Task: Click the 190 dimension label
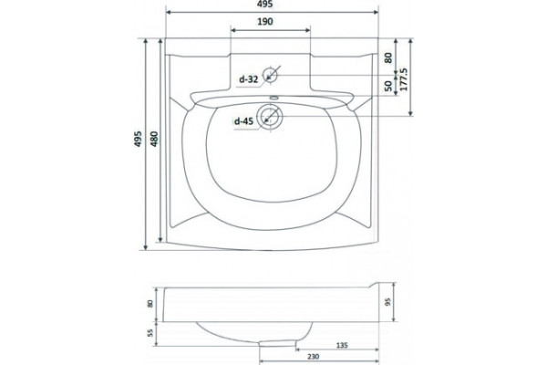point(264,22)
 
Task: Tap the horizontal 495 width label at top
point(266,4)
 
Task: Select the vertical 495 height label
point(139,139)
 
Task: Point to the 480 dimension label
point(154,139)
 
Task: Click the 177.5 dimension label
point(404,79)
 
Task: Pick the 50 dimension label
point(388,86)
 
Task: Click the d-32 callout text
point(248,79)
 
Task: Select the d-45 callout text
point(243,121)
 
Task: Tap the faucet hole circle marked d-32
point(270,75)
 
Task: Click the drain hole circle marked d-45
point(269,117)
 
